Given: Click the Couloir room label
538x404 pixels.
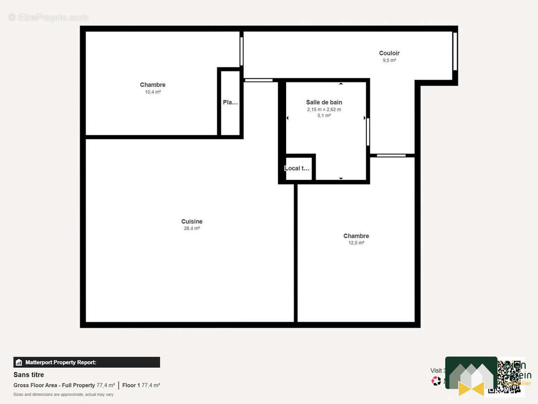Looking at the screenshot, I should click(x=389, y=53).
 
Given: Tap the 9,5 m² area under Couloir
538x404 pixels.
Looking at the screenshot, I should click(x=389, y=61).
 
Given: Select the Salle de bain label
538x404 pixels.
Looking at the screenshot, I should click(x=324, y=102).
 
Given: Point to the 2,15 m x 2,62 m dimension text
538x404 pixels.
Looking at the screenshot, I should click(x=324, y=109).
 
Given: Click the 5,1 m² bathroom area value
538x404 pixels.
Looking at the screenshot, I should click(x=324, y=116).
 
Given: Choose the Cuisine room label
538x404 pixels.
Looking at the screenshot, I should click(x=192, y=221).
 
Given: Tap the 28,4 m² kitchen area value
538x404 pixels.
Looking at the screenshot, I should click(x=192, y=228).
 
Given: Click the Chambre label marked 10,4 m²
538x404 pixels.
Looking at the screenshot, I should click(x=152, y=85).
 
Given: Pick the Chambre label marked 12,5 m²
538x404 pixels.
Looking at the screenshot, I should click(x=356, y=236).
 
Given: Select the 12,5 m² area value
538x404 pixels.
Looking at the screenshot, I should click(x=356, y=243).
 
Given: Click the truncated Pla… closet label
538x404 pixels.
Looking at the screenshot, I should click(x=230, y=102).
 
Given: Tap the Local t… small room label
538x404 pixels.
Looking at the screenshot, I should click(x=297, y=168).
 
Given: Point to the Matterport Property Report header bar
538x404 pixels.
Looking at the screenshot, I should click(x=86, y=362).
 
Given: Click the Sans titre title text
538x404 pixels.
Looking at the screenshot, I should click(x=29, y=375).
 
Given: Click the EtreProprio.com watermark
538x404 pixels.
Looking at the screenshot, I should click(x=48, y=17).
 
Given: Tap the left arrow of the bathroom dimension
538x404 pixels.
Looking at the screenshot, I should click(x=288, y=118).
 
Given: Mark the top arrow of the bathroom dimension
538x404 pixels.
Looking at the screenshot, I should click(x=341, y=84).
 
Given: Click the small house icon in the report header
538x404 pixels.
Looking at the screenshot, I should click(x=19, y=362).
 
